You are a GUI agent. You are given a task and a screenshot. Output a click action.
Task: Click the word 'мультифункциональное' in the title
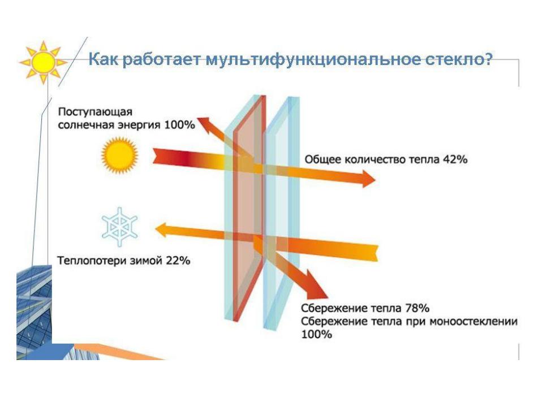(x=311, y=59)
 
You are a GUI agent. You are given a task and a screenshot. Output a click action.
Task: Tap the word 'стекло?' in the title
(x=458, y=59)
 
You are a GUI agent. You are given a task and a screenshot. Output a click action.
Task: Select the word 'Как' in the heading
(x=103, y=59)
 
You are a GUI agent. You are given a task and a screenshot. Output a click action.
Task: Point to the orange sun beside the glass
(x=119, y=155)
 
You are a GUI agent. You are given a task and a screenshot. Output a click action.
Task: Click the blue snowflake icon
(x=119, y=227)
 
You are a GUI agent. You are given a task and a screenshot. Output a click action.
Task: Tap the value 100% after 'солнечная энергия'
(x=179, y=124)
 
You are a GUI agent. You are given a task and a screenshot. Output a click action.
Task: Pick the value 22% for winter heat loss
(x=178, y=260)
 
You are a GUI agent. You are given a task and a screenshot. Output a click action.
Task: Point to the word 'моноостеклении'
(x=473, y=321)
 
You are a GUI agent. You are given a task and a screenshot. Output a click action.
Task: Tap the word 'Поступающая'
(x=95, y=112)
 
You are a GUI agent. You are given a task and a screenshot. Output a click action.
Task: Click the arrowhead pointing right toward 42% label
(x=368, y=179)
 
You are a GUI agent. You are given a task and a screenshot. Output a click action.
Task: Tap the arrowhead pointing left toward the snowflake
(x=162, y=230)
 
